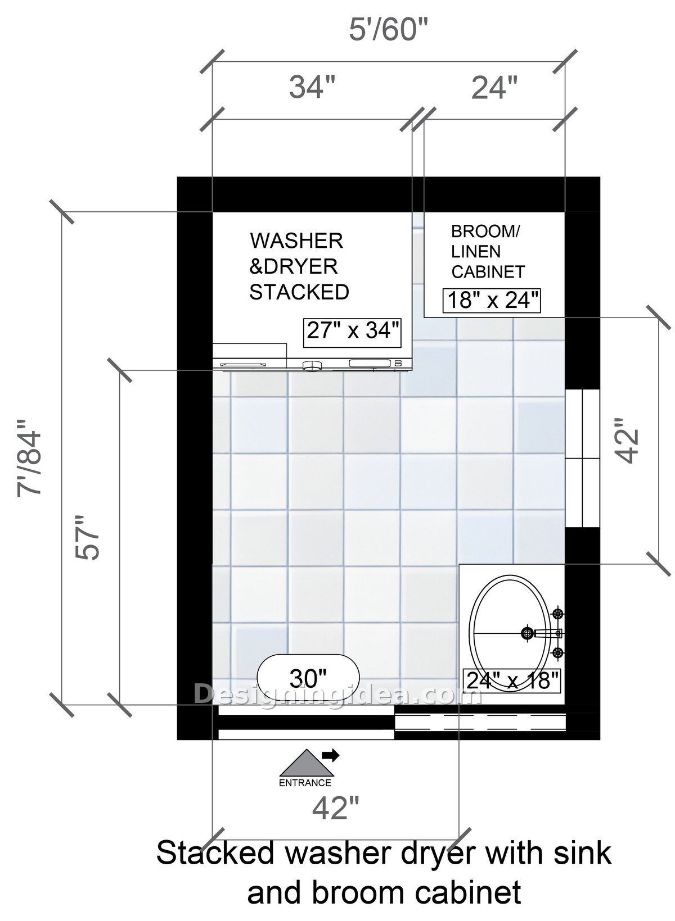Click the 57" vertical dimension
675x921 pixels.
pos(88,537)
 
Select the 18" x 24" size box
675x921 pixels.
pos(492,301)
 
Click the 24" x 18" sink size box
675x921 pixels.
pos(513,680)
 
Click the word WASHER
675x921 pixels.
pos(296,241)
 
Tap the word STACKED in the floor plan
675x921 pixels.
pos(299,292)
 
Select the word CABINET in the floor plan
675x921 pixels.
pos(488,272)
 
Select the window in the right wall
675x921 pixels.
pos(582,458)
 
